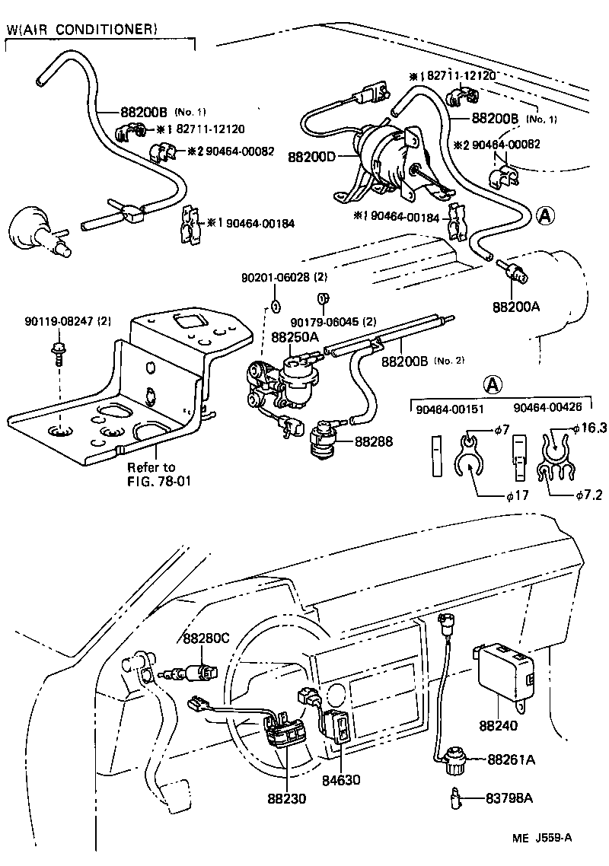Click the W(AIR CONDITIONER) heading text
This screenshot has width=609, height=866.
coord(81,30)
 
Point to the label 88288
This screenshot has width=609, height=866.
coord(374,440)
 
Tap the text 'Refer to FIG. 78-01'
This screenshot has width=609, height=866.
coord(151,473)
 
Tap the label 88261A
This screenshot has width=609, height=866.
coord(512,759)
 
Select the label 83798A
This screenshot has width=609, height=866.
coord(509,798)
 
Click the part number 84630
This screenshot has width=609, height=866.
coord(340,780)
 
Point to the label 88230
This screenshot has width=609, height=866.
coord(286,798)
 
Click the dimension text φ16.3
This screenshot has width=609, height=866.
coord(589,428)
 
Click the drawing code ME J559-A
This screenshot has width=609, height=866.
coord(541,838)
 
